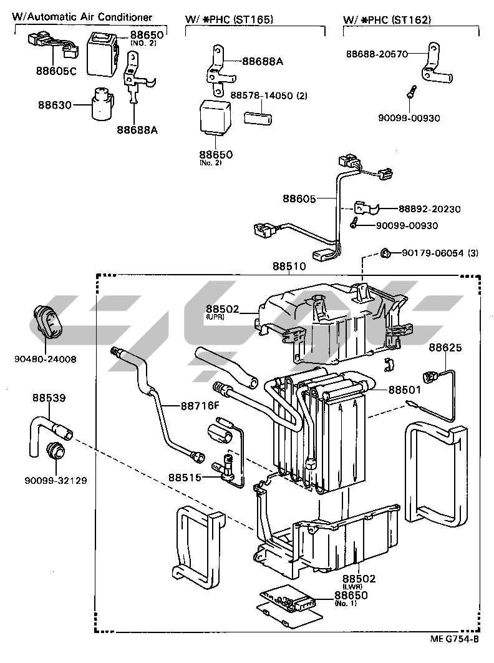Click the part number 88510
[289, 266]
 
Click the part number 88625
[445, 347]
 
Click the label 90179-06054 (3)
[440, 253]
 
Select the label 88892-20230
[430, 209]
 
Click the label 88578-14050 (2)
[269, 96]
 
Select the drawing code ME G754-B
[454, 639]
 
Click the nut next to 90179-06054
[385, 253]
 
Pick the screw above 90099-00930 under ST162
[410, 91]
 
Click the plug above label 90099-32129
[56, 451]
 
